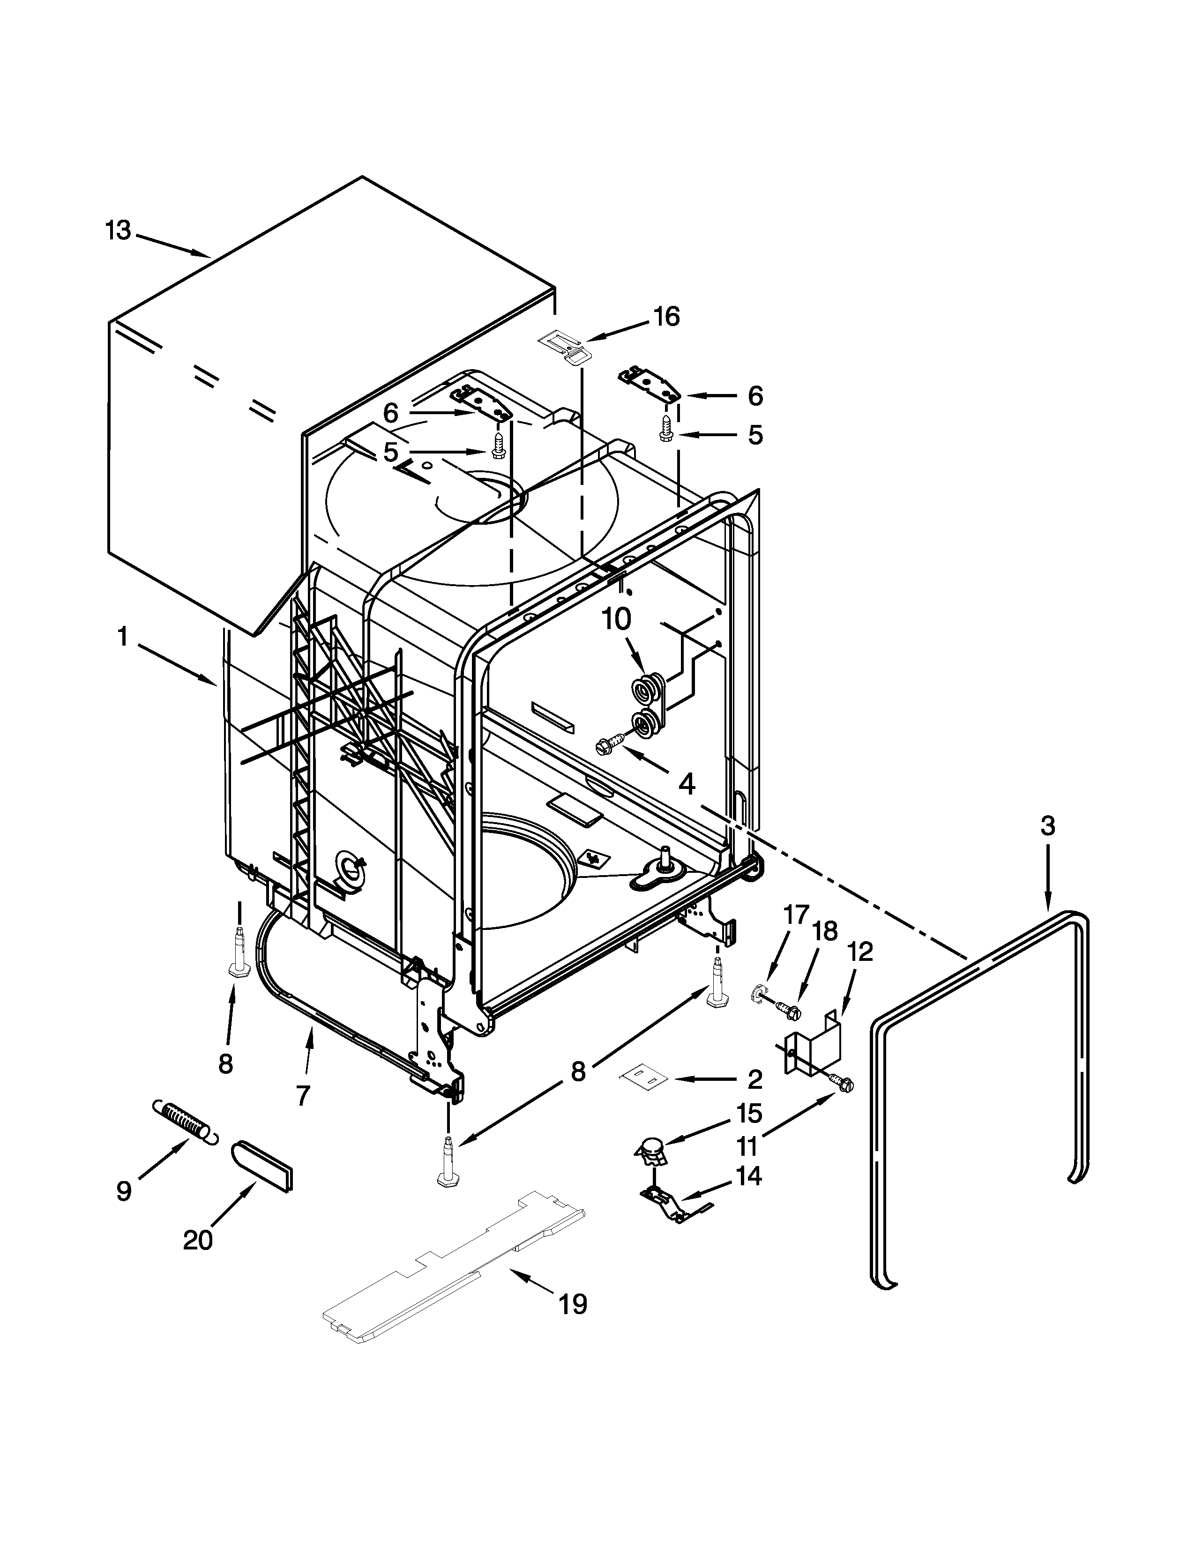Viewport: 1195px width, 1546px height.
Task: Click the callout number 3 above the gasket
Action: (x=1048, y=825)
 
